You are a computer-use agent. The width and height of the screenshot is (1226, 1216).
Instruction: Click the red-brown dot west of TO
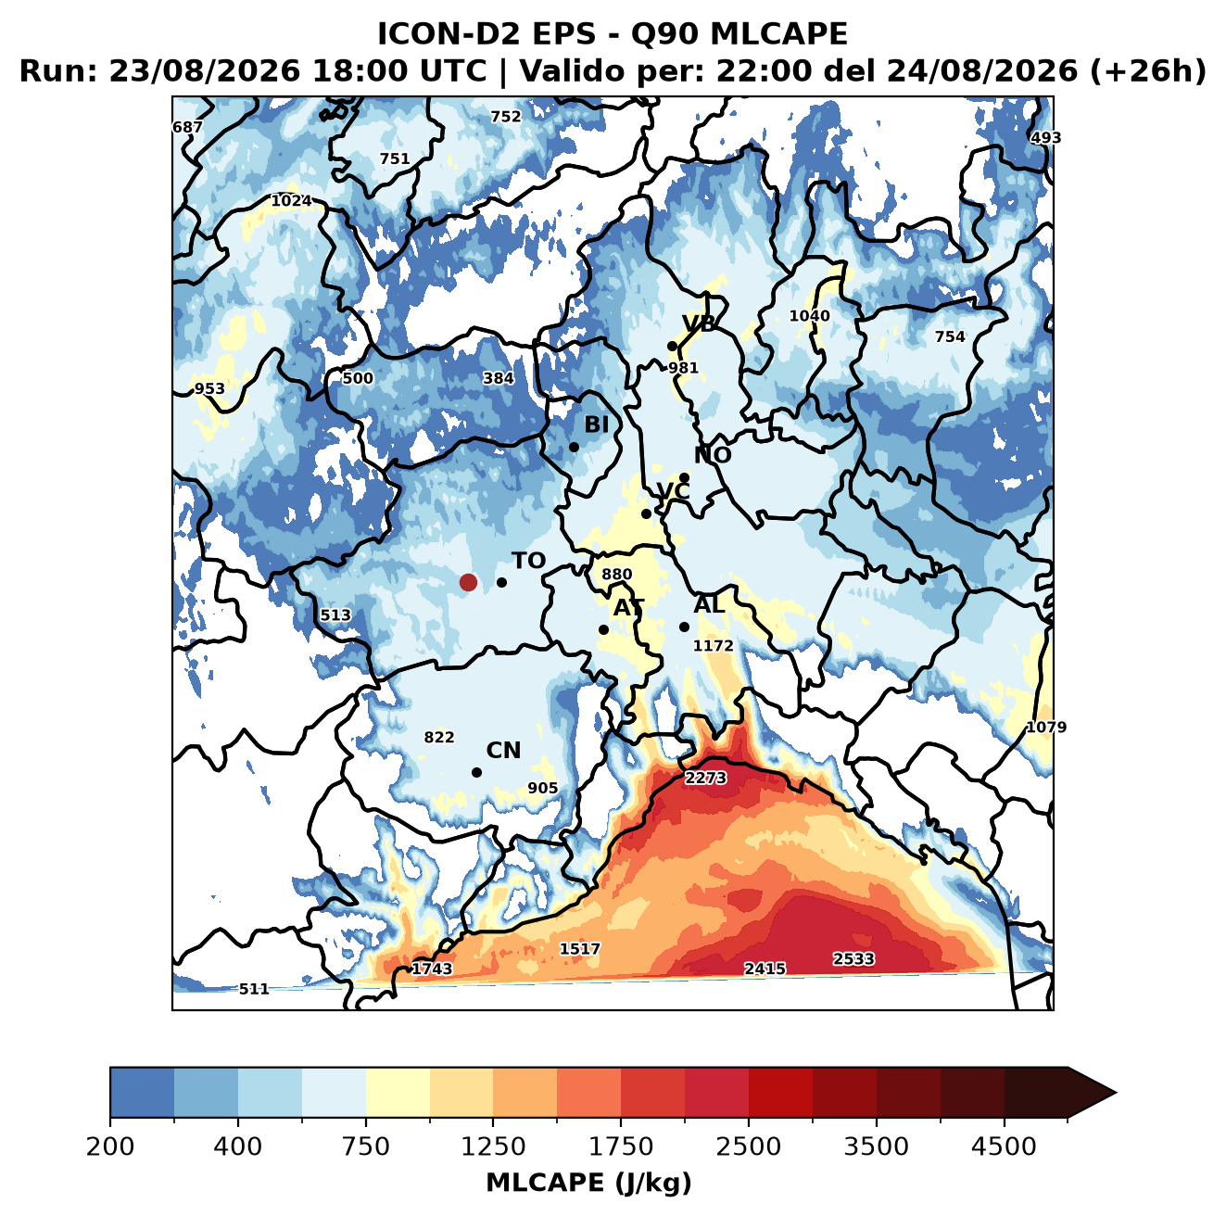coord(468,582)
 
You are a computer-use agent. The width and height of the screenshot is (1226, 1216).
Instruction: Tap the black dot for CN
coord(476,772)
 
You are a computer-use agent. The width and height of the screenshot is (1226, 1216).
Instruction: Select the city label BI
coord(596,424)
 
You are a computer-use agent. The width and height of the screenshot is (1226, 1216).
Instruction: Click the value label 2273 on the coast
coord(705,778)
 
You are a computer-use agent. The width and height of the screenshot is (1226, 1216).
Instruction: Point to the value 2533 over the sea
coord(853,958)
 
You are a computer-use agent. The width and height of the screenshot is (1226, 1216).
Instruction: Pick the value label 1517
coord(579,949)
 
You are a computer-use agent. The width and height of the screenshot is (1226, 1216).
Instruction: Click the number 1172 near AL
coord(713,646)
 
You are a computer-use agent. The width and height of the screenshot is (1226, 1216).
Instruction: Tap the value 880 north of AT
coord(616,574)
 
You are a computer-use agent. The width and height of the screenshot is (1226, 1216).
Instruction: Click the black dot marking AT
coord(603,629)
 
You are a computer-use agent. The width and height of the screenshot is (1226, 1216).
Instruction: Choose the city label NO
coord(712,455)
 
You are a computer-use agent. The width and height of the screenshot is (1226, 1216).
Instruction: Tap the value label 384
coord(499,378)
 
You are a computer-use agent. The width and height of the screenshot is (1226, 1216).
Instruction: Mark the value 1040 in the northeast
coord(809,316)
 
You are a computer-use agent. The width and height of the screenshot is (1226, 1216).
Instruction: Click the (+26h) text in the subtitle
coord(1147,71)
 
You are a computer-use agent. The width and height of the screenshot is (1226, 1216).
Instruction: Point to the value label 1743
coord(431,969)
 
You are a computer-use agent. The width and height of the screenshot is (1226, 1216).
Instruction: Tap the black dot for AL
coord(684,627)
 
